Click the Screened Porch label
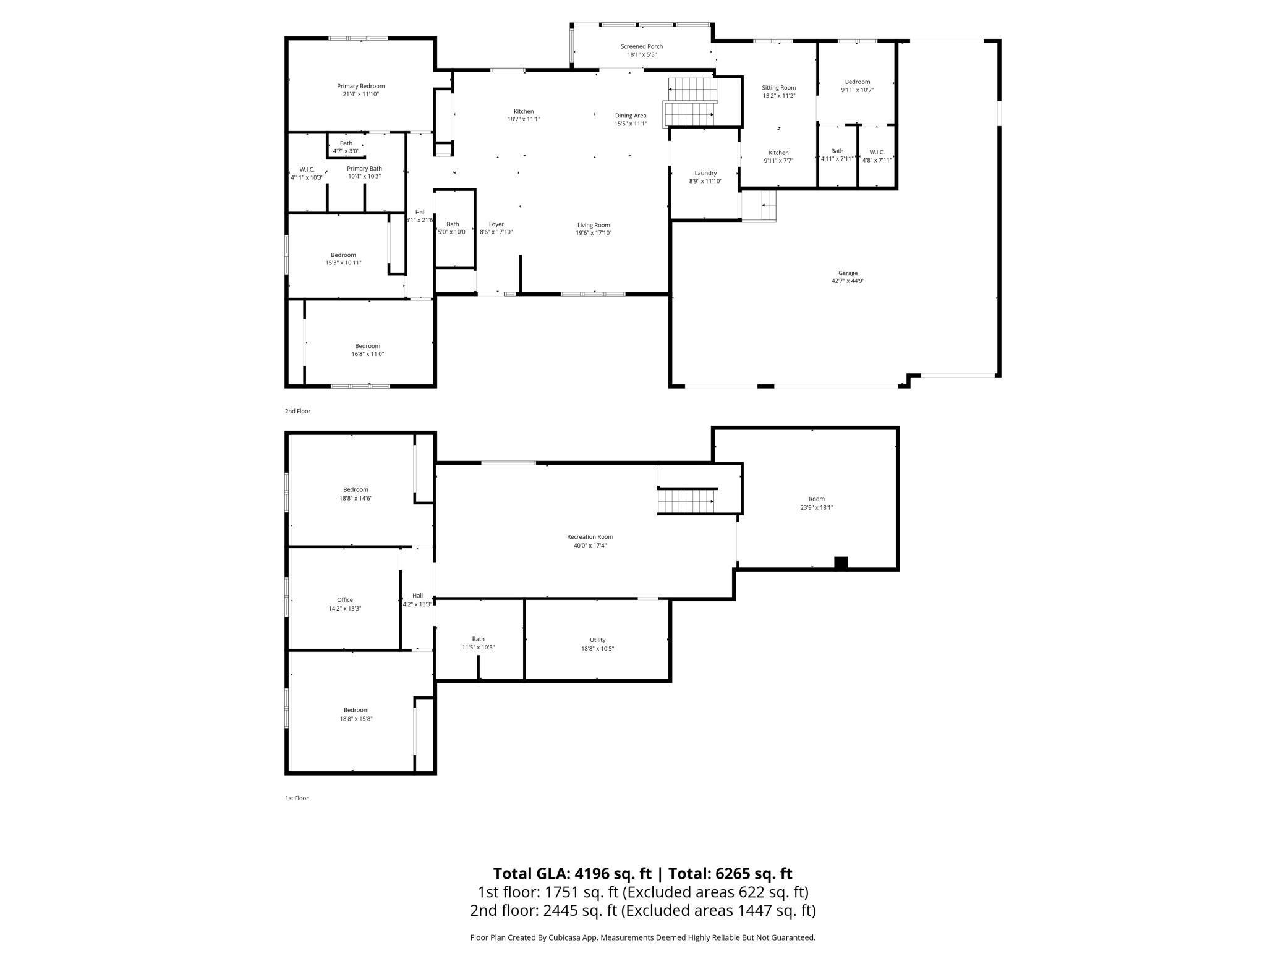click(x=642, y=46)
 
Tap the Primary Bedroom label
click(x=360, y=86)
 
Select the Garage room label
click(x=848, y=273)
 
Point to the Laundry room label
click(x=705, y=173)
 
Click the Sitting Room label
click(x=778, y=88)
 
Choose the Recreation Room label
click(x=590, y=537)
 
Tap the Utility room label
click(x=597, y=640)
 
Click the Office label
click(x=345, y=600)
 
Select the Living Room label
click(x=594, y=225)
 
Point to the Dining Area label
click(x=631, y=116)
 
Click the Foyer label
click(x=496, y=224)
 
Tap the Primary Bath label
click(x=364, y=169)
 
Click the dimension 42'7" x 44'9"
click(x=848, y=281)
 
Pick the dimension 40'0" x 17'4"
click(x=590, y=546)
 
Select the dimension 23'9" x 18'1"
click(x=817, y=508)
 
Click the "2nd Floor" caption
click(x=297, y=411)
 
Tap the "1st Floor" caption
click(x=297, y=798)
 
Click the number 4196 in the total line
click(x=594, y=874)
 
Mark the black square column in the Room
click(x=841, y=562)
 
